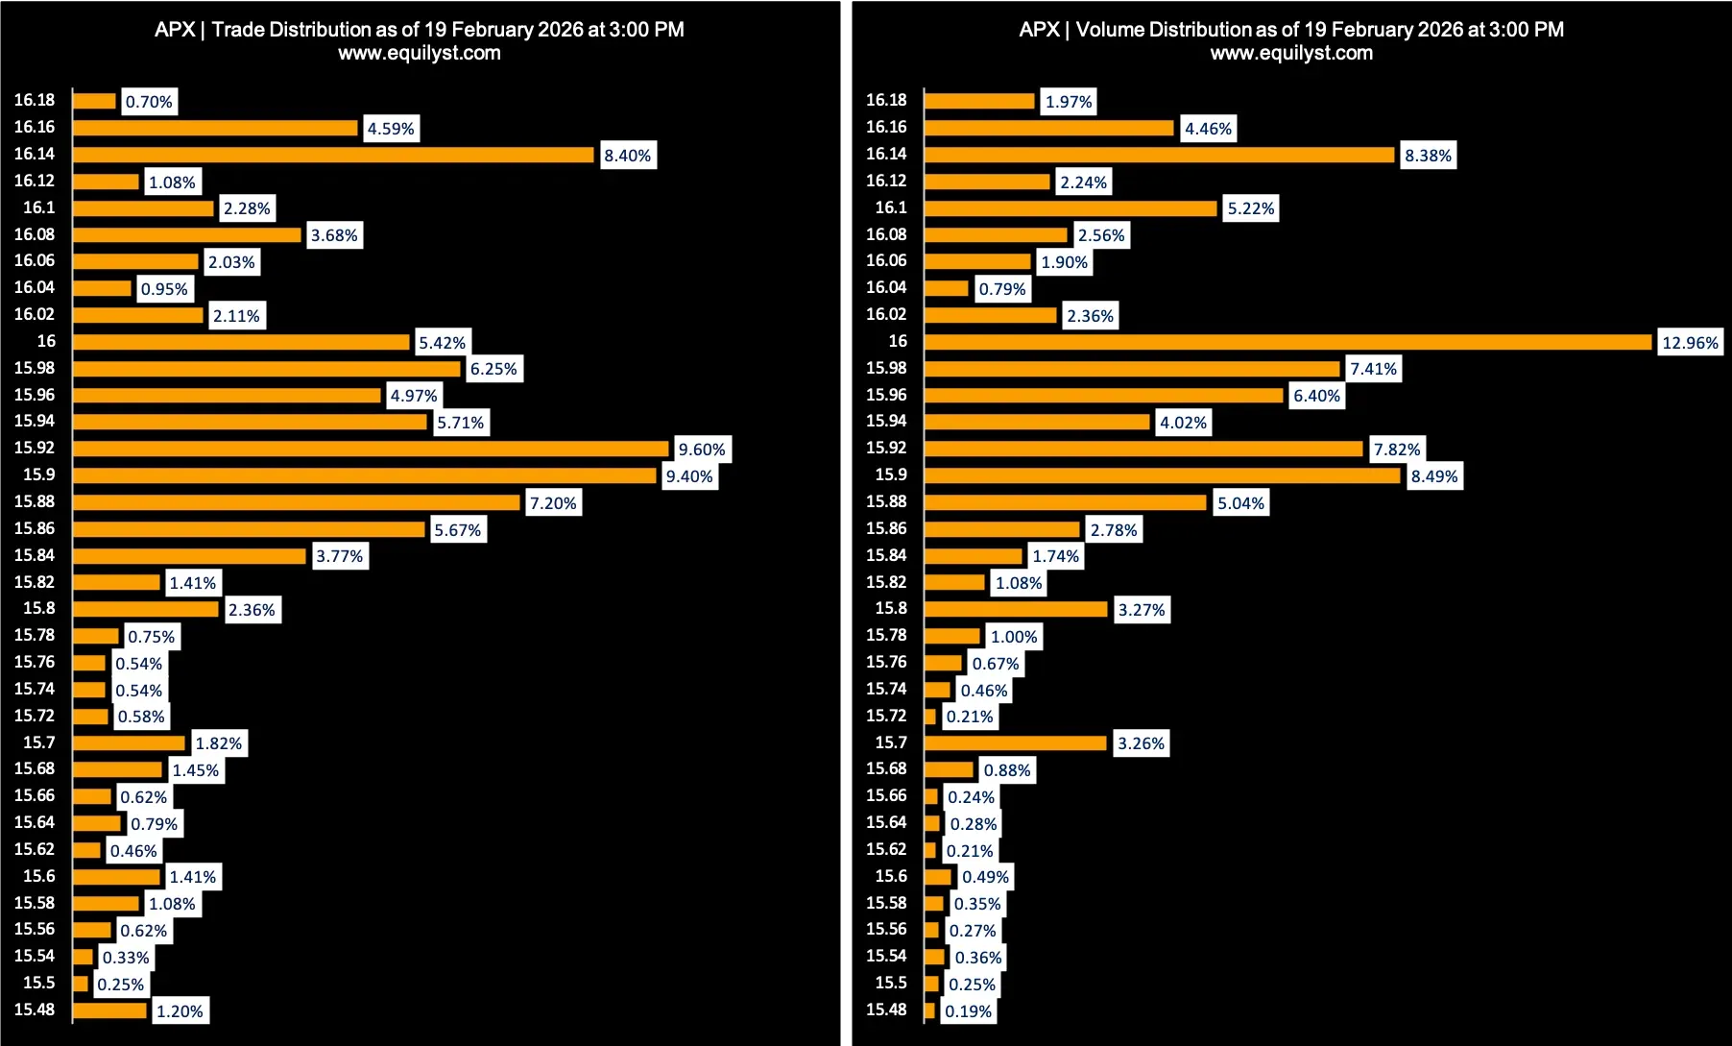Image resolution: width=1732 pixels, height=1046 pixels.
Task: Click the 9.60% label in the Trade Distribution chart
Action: click(702, 450)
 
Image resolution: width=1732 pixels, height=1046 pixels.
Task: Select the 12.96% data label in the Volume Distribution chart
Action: click(1690, 343)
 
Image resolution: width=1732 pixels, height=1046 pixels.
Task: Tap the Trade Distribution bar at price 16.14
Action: click(333, 155)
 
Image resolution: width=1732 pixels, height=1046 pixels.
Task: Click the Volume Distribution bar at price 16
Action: click(1287, 342)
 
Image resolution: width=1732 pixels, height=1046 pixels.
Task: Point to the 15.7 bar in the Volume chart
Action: click(1015, 743)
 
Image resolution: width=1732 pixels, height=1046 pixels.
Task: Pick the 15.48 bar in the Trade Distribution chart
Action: click(109, 1010)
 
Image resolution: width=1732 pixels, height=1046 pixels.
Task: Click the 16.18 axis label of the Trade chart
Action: click(35, 100)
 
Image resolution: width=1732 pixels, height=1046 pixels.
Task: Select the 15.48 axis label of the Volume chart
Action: click(886, 1010)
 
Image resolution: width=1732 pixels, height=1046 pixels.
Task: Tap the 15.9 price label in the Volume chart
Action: click(891, 474)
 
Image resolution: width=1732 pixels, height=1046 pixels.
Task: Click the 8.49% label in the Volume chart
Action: click(1433, 476)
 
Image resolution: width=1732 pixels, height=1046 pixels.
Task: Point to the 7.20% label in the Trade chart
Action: click(553, 503)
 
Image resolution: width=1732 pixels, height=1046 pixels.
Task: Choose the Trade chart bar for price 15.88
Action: click(296, 502)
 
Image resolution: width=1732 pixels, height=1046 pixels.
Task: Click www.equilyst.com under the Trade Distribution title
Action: click(419, 53)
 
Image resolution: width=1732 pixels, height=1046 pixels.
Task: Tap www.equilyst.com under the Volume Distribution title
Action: click(1291, 53)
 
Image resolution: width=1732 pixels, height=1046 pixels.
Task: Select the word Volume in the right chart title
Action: click(1109, 30)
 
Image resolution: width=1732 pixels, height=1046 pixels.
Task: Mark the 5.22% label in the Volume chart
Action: click(1251, 209)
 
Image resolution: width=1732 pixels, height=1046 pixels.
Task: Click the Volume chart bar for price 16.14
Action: click(1159, 155)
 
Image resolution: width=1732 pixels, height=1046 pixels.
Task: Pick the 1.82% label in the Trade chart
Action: click(219, 743)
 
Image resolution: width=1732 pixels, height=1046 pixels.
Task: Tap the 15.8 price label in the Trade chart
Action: click(39, 608)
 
